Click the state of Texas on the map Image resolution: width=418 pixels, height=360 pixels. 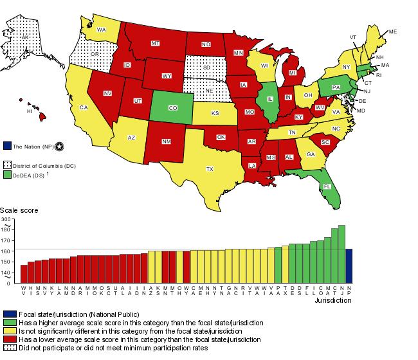[x=209, y=168]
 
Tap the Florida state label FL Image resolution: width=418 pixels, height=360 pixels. [x=327, y=186]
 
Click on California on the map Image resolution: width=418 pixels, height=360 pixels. [x=83, y=107]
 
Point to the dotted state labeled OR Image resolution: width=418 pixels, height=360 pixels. [x=95, y=55]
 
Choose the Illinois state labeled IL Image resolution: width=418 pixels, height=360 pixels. [x=270, y=99]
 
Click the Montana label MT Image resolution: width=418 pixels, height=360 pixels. [x=155, y=43]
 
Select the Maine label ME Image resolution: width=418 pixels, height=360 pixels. [x=392, y=32]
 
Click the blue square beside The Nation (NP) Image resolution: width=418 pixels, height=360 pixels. [x=7, y=146]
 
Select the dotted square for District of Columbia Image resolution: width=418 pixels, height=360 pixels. [x=7, y=165]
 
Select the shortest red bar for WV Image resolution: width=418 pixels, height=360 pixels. [x=24, y=274]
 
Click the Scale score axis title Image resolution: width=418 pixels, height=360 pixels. [x=19, y=210]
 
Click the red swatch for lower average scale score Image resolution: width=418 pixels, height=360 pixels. [x=7, y=339]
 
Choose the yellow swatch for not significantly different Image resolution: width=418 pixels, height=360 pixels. [x=7, y=330]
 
